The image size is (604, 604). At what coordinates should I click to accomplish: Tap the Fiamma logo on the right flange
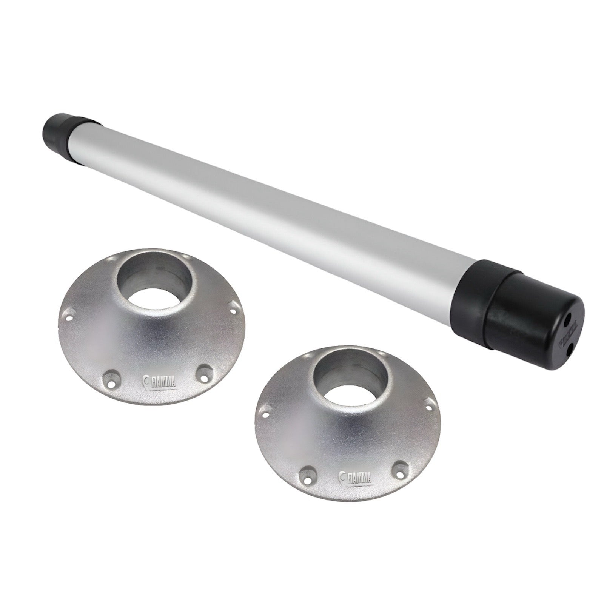355,477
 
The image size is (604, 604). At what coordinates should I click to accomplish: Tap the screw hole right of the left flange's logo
204,372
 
